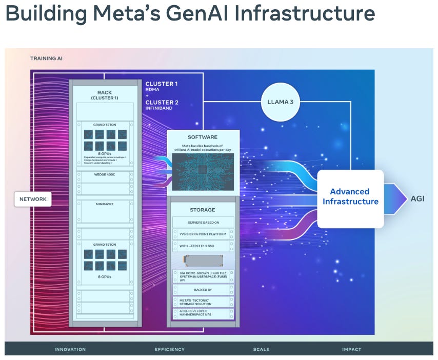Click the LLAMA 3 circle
tap(281, 102)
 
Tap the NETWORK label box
tap(33, 199)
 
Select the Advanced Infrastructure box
tap(350, 197)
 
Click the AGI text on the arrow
tap(417, 198)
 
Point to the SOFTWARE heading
tap(203, 137)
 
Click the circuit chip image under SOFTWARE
tap(203, 172)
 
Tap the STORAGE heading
tap(202, 210)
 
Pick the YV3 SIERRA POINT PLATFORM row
tap(202, 234)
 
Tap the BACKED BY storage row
tap(202, 290)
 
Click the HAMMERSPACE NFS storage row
tap(202, 314)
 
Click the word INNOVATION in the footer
tap(70, 349)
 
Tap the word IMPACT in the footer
tap(351, 349)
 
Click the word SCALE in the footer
tap(261, 349)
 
